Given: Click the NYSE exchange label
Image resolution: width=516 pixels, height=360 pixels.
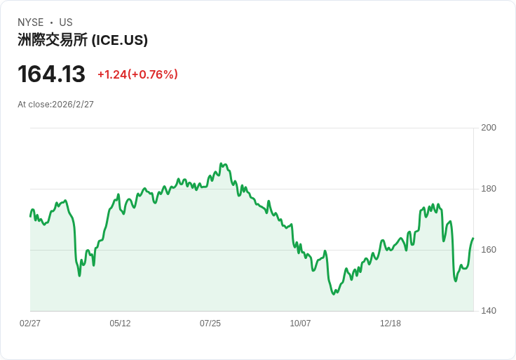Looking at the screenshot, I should click(31, 22).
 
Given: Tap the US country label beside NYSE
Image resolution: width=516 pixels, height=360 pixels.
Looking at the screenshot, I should click(66, 22).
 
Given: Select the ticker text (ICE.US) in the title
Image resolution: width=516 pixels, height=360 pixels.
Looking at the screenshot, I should click(120, 41).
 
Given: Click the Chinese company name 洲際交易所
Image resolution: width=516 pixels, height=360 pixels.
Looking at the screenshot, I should click(53, 41).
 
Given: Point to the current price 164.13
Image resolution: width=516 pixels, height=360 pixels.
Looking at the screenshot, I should click(51, 74).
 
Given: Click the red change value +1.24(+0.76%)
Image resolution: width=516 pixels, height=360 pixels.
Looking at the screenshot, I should click(137, 74).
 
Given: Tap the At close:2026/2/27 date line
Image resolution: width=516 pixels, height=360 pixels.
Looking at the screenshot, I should click(55, 105).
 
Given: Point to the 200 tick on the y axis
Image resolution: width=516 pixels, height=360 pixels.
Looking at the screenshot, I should click(489, 128).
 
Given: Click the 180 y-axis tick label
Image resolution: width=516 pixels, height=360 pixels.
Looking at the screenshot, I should click(489, 189).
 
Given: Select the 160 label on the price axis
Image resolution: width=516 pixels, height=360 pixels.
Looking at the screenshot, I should click(489, 250).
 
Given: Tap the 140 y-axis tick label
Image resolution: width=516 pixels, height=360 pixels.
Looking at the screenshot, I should click(489, 311).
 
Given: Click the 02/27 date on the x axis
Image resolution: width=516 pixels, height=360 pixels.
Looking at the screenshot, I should click(30, 324).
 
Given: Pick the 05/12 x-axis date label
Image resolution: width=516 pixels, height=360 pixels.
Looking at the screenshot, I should click(120, 324).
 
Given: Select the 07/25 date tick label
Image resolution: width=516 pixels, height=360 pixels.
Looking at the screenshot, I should click(210, 324).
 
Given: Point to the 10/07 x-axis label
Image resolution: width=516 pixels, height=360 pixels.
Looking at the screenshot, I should click(300, 324).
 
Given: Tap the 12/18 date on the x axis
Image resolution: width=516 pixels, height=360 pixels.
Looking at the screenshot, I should click(391, 324).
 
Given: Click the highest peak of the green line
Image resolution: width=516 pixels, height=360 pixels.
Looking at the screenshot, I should click(221, 164).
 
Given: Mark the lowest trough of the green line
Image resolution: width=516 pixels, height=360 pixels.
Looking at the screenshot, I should click(334, 293).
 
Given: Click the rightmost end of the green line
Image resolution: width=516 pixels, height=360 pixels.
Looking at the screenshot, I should click(473, 238).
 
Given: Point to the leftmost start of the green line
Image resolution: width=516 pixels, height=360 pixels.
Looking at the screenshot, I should click(30, 215).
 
